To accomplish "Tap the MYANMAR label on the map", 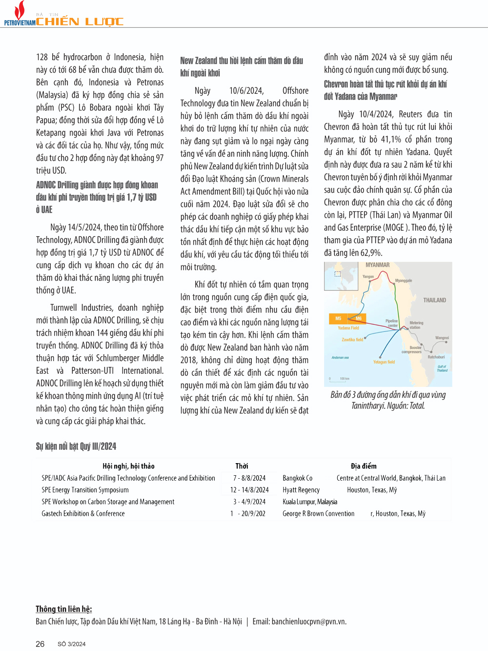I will coord(378,265).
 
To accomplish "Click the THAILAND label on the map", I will coord(434,300).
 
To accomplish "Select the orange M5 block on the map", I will coord(338,318).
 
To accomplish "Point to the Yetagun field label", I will coord(384,362).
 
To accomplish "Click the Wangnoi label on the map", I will coord(442,338).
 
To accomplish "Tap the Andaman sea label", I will coord(340,358).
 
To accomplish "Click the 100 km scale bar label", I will coord(345,379).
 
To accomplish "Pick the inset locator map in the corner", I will coord(337,274).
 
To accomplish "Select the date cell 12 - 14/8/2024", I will coord(249,490).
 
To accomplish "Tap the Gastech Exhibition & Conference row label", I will coord(83,513).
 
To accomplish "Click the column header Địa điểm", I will coord(364,466).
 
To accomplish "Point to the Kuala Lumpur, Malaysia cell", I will coord(310,502).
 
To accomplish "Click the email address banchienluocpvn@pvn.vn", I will coord(309,621).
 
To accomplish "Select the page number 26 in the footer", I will coord(40,644).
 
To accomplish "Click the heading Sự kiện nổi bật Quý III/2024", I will coord(76,446).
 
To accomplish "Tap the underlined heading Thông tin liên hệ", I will coord(63,609).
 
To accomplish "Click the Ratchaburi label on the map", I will coord(436,357).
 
